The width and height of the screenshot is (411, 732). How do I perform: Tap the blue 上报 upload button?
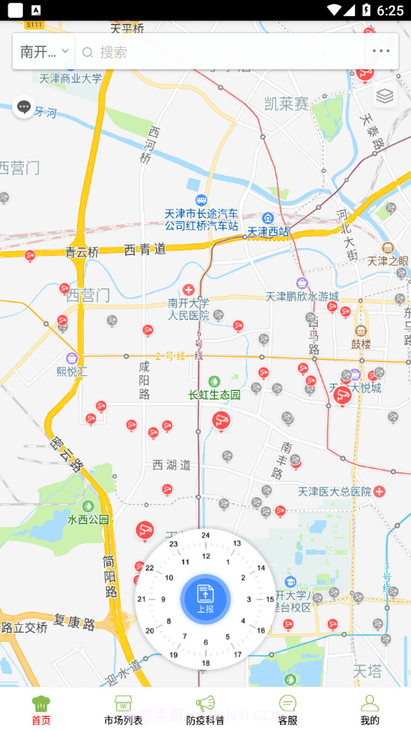coord(205,599)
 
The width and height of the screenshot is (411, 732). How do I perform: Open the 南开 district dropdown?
coord(44,52)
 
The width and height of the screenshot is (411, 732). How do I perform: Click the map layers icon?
coord(385,96)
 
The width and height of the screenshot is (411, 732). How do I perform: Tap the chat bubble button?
coord(24,107)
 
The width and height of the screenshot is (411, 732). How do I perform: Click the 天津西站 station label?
coord(268,230)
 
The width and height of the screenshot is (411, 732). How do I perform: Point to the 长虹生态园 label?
coord(215,395)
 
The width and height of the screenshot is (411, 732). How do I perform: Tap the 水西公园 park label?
coord(88,519)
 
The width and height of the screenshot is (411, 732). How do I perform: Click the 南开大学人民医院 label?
coord(189,308)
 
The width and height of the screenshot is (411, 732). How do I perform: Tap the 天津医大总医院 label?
coord(335,491)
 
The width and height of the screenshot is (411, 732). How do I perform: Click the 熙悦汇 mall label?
coord(72,371)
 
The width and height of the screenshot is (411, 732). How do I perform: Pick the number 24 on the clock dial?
coord(205,535)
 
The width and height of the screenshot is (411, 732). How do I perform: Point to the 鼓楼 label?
coord(361,344)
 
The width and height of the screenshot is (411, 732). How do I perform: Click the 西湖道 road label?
coord(171,465)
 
